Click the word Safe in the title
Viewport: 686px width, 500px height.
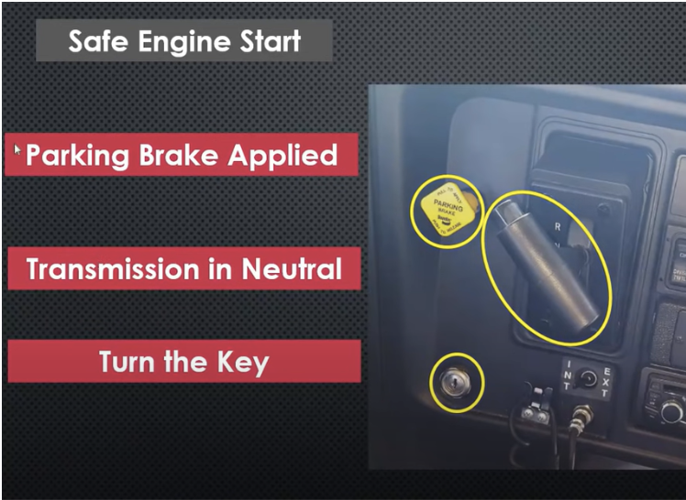click(97, 42)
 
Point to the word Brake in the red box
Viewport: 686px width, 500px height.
click(179, 156)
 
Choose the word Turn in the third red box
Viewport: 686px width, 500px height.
click(129, 362)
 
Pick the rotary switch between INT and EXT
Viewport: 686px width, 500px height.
click(587, 379)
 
